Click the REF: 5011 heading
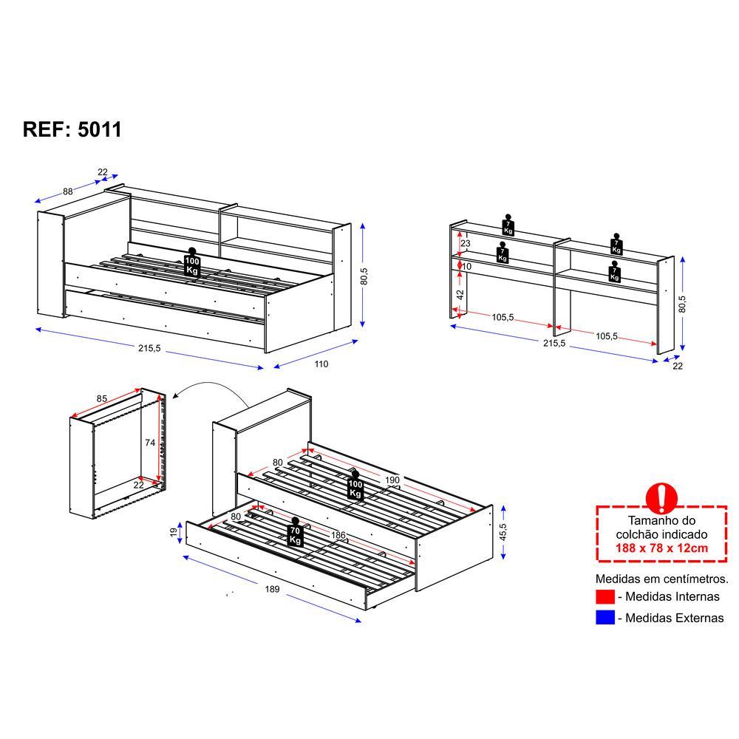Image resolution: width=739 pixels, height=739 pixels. click(x=72, y=129)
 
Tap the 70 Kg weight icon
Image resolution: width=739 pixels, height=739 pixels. click(x=295, y=532)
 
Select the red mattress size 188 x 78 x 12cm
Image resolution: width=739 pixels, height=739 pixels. click(x=661, y=548)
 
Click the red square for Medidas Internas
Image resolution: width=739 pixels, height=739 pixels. click(x=605, y=596)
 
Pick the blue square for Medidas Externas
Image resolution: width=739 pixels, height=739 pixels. click(x=605, y=617)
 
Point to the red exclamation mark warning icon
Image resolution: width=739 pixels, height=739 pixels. click(x=661, y=498)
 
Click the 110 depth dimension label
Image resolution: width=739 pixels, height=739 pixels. click(x=321, y=364)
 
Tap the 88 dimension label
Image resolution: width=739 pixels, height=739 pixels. click(x=68, y=191)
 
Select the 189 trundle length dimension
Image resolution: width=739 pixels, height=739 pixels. click(x=272, y=589)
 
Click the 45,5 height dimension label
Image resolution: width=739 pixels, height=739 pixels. click(x=503, y=532)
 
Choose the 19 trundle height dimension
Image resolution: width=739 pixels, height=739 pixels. click(x=174, y=532)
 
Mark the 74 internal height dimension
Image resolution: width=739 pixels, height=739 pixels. click(x=150, y=443)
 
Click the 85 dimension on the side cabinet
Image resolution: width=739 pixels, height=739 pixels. click(x=102, y=399)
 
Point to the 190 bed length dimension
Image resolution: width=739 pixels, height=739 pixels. click(x=392, y=480)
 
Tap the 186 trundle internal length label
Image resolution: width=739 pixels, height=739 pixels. click(x=338, y=535)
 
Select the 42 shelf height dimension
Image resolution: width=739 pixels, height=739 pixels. click(x=460, y=295)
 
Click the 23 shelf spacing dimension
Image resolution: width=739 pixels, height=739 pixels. click(x=466, y=244)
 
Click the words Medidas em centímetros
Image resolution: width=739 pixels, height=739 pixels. click(x=661, y=579)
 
